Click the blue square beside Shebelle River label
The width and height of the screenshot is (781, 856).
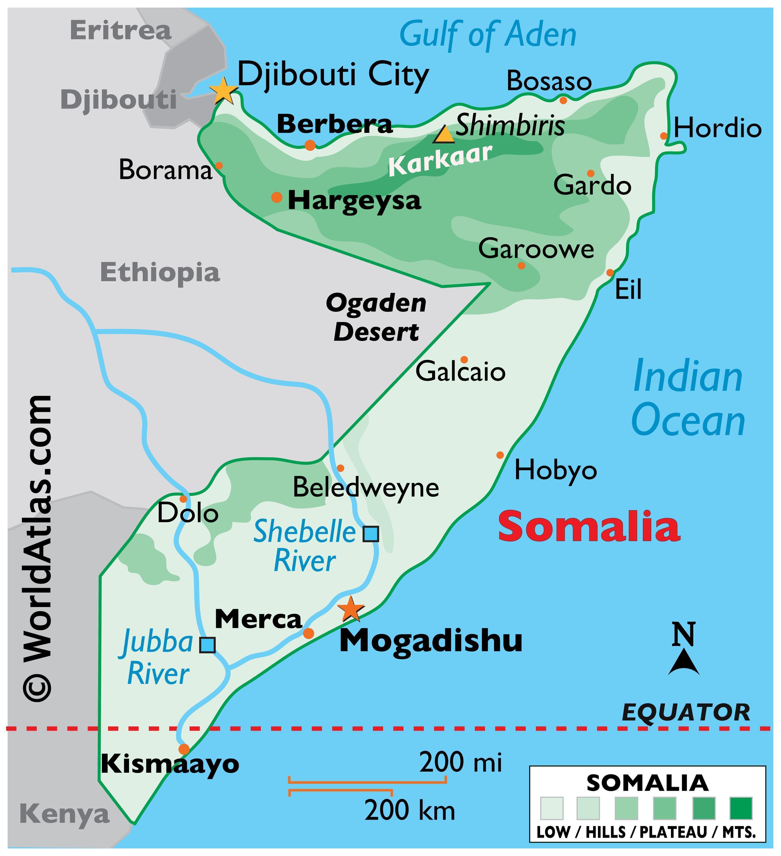(x=370, y=534)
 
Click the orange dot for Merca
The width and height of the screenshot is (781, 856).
(x=308, y=633)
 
